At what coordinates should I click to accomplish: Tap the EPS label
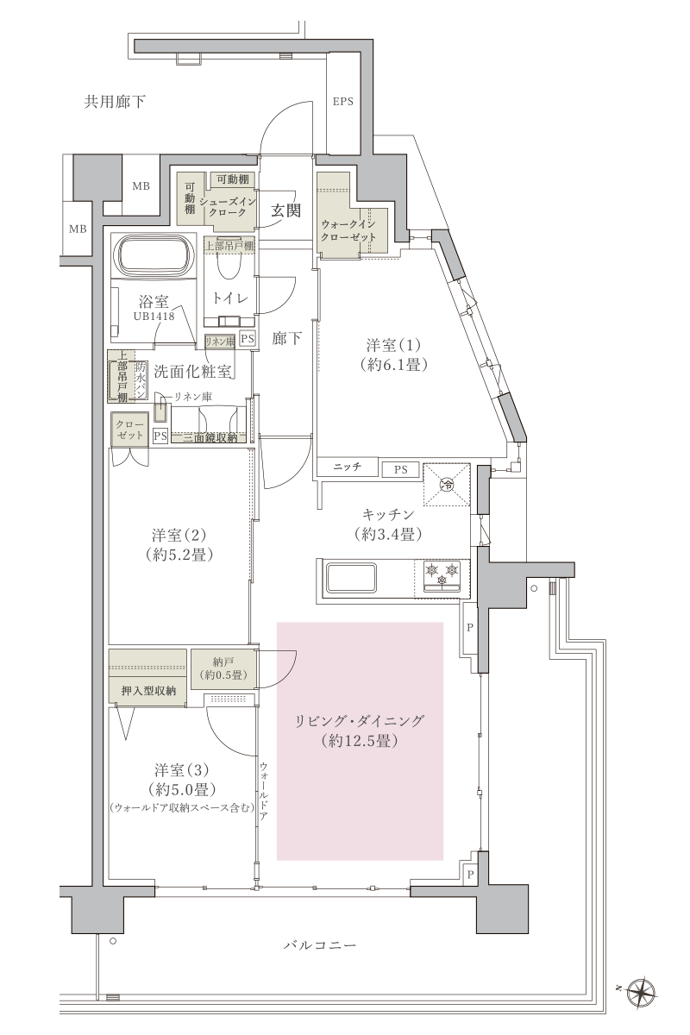coord(343,102)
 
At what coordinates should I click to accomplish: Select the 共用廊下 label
coord(115,102)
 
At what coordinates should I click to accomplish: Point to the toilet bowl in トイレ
coord(230,264)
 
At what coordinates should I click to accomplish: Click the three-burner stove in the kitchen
coord(442,577)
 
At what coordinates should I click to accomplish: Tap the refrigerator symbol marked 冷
coord(447,484)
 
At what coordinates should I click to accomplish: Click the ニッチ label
coord(347,467)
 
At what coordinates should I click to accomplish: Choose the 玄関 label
coord(285,210)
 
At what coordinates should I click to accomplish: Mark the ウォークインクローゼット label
coord(348,230)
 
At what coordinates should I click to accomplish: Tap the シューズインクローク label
coord(228,207)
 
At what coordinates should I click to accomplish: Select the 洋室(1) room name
coord(393,345)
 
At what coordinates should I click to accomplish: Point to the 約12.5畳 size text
coord(360,741)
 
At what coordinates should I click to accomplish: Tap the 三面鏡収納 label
coord(210,437)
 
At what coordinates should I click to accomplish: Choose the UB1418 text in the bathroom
coord(154,317)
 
